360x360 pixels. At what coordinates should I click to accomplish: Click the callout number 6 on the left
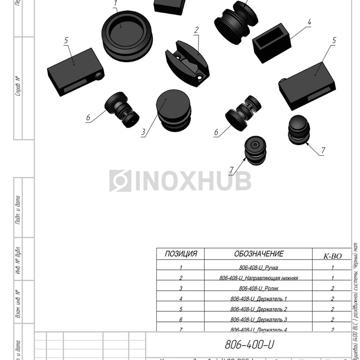[x=88, y=118]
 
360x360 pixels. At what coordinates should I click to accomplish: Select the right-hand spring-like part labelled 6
[x=245, y=113]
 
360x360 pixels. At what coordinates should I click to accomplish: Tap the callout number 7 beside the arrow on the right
[x=323, y=151]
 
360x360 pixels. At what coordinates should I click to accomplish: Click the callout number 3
[x=143, y=132]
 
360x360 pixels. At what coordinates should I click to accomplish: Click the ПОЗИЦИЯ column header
[x=181, y=254]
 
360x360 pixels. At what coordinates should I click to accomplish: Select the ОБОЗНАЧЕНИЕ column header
[x=258, y=254]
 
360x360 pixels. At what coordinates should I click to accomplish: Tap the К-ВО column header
[x=332, y=256]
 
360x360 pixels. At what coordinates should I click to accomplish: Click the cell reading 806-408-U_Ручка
[x=258, y=267]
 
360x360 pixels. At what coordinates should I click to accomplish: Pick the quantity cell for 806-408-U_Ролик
[x=332, y=289]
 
